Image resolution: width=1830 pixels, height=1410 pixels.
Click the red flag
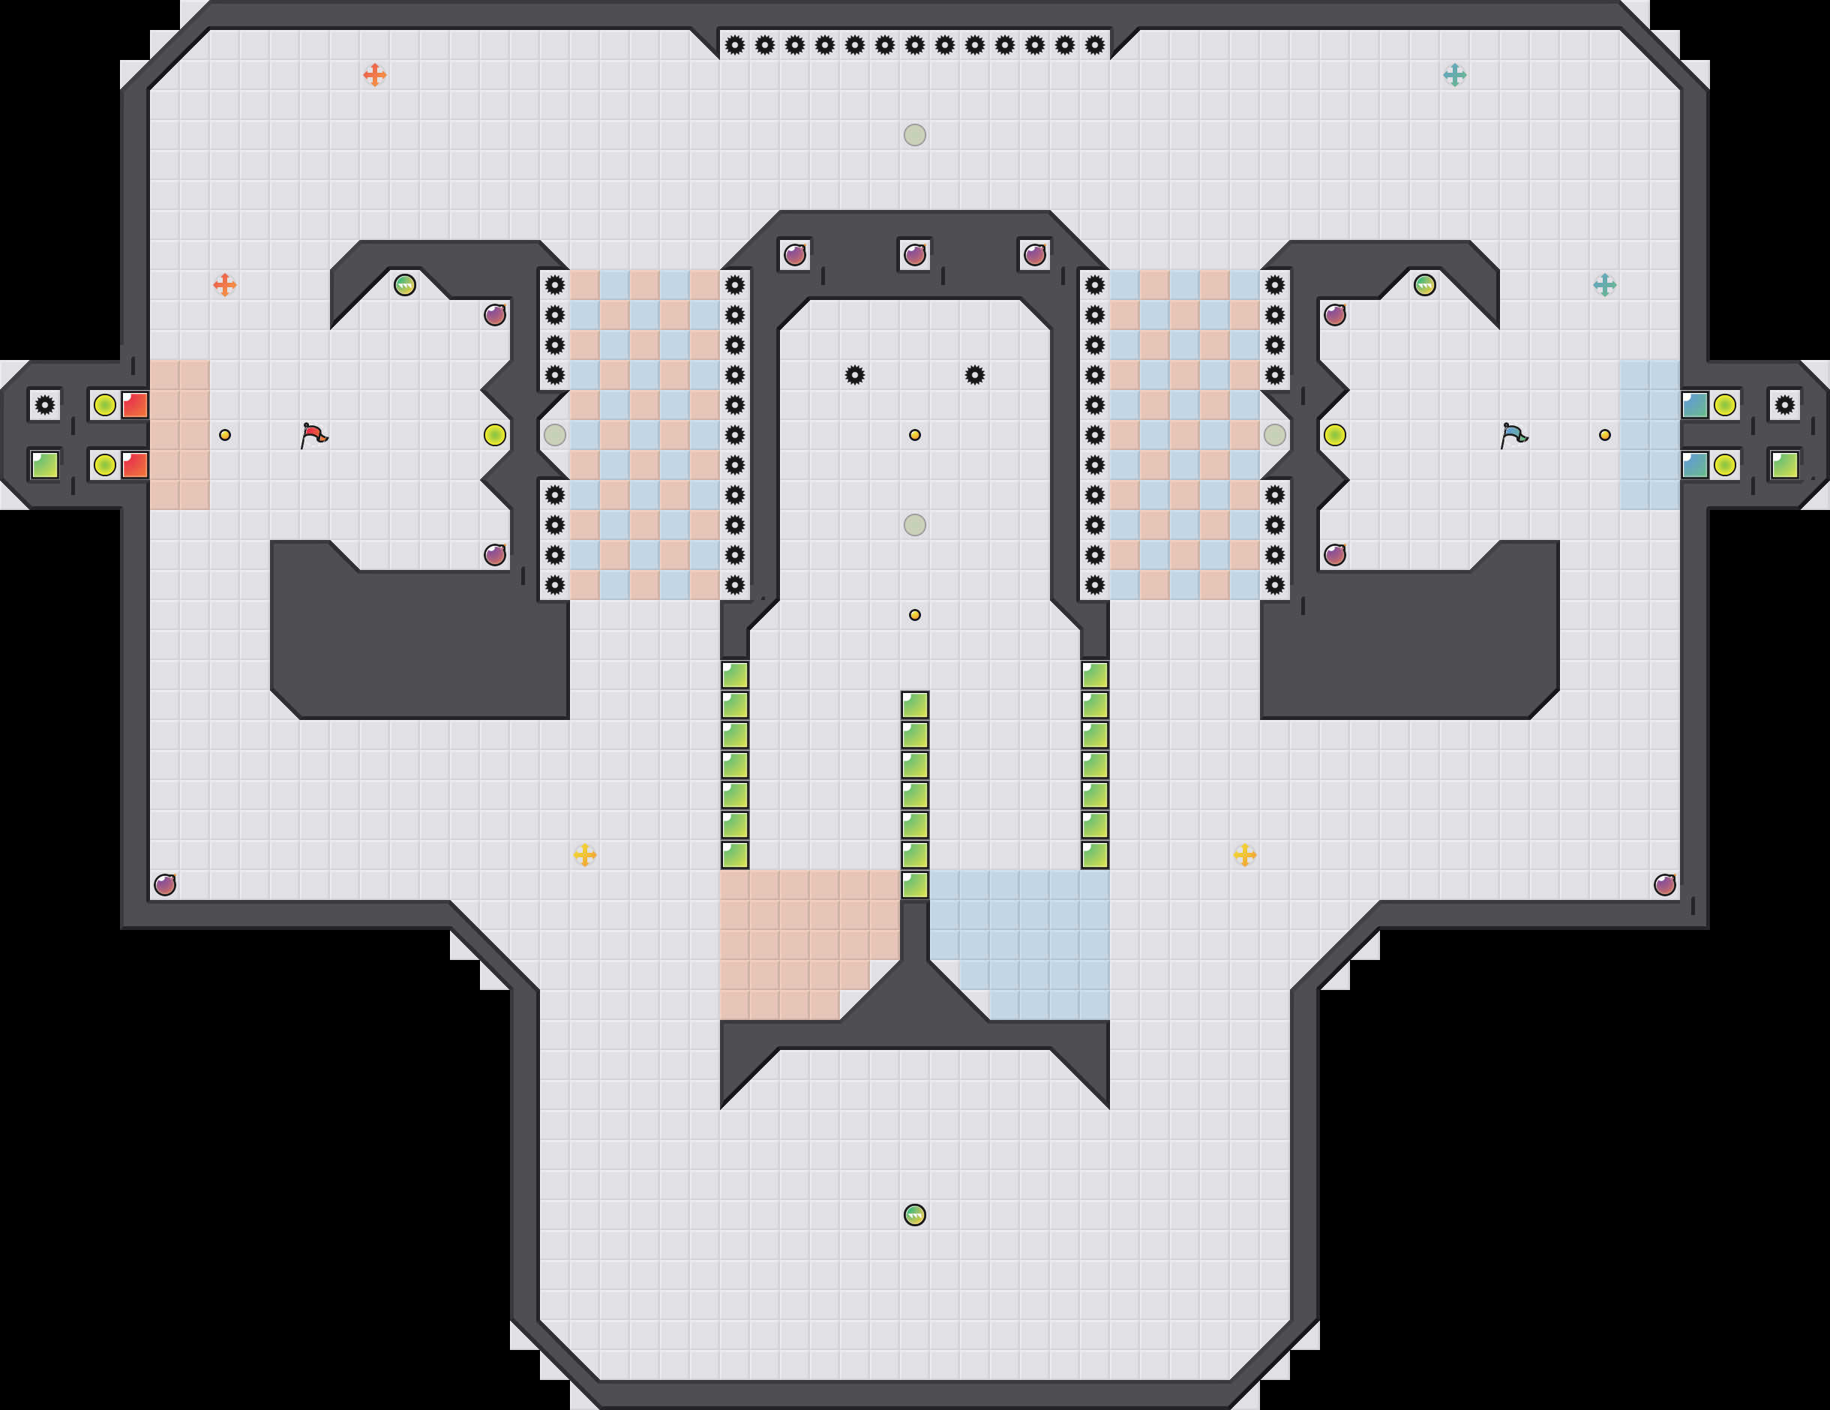[313, 435]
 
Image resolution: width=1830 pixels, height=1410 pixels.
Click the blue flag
[1513, 435]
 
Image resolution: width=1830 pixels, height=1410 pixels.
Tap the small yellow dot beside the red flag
[224, 435]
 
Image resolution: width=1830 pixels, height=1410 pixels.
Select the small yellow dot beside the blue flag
[1604, 435]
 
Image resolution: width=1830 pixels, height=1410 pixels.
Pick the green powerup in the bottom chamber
[915, 1215]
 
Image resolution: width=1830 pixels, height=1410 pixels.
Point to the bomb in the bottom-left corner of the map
[165, 885]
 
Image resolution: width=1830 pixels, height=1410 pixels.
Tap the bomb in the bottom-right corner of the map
[1665, 885]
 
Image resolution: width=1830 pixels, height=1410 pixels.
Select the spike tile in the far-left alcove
[45, 406]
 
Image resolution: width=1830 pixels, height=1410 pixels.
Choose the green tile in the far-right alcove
[1785, 465]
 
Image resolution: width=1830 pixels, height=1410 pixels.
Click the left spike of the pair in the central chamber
[855, 375]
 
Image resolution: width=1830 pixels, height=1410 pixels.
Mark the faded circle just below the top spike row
[915, 135]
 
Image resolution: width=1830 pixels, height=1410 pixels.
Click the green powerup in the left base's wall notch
[405, 285]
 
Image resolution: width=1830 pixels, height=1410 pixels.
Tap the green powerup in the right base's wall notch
[1424, 285]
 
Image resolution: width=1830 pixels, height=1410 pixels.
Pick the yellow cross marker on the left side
[585, 854]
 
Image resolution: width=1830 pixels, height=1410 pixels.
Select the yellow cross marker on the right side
[1245, 854]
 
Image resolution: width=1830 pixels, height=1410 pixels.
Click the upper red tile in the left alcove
[135, 406]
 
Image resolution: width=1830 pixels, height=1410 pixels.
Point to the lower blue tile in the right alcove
[1694, 465]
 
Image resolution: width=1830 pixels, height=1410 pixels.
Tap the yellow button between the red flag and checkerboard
[494, 435]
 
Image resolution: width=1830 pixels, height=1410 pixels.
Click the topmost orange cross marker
[374, 76]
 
